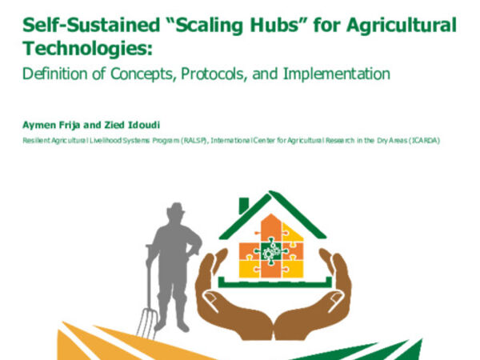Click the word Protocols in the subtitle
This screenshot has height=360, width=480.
point(212,74)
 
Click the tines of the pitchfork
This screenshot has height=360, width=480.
point(145,320)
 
